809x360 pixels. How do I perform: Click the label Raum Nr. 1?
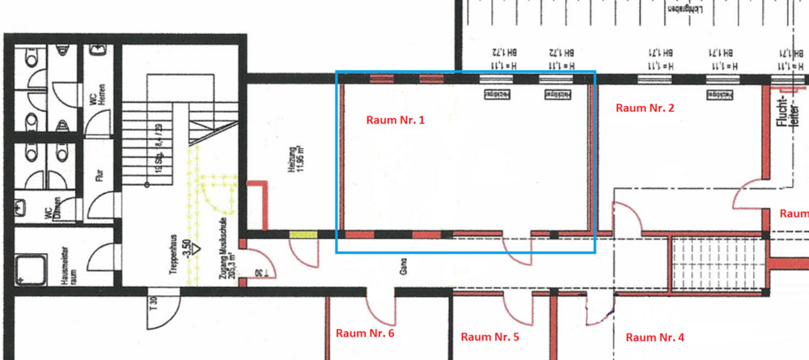pos(395,120)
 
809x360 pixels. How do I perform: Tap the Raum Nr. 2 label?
pos(645,108)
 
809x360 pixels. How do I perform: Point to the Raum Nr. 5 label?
pos(489,337)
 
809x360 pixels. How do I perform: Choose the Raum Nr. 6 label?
pos(365,332)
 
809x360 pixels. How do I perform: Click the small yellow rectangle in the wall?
pos(303,235)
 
